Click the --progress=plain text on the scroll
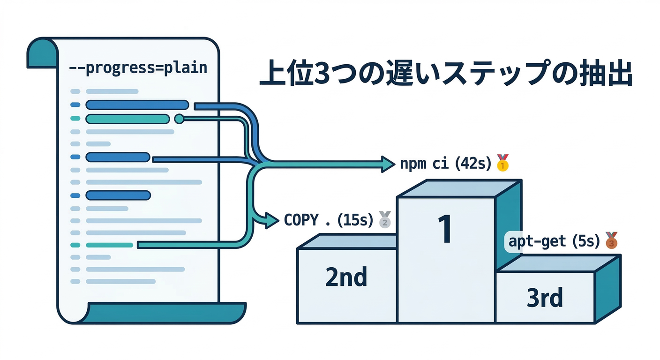click(x=138, y=68)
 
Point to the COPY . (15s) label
click(x=328, y=220)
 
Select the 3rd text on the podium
click(x=544, y=298)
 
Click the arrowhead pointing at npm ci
click(x=389, y=164)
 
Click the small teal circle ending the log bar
click(x=179, y=119)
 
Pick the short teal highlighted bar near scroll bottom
click(x=110, y=245)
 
